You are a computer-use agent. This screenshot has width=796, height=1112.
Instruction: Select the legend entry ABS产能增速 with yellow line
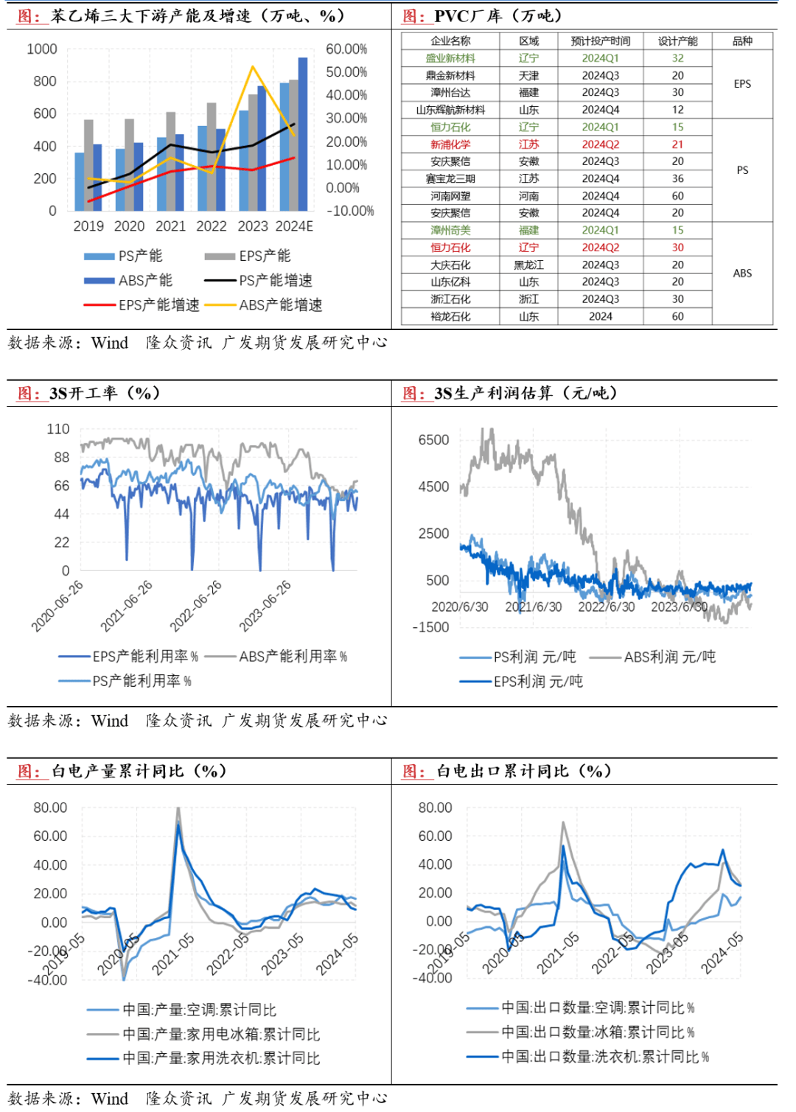pyautogui.click(x=280, y=305)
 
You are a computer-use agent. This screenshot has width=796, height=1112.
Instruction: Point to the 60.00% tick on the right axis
pyautogui.click(x=346, y=49)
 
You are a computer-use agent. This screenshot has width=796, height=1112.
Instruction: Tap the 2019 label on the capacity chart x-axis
pyautogui.click(x=88, y=226)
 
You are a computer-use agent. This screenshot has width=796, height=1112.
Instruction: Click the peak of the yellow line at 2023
pyautogui.click(x=253, y=68)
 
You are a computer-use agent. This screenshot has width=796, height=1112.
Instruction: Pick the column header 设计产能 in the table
pyautogui.click(x=677, y=41)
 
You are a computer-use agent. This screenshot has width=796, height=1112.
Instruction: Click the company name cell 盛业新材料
pyautogui.click(x=450, y=58)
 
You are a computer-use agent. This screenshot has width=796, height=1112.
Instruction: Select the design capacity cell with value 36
pyautogui.click(x=677, y=179)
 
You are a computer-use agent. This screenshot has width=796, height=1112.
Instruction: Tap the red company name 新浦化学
pyautogui.click(x=450, y=144)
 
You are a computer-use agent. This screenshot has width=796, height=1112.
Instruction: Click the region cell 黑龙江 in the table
pyautogui.click(x=528, y=265)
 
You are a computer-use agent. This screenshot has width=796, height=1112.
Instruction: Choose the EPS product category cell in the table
pyautogui.click(x=742, y=84)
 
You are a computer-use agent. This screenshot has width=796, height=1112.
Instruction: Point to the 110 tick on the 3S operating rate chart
pyautogui.click(x=58, y=429)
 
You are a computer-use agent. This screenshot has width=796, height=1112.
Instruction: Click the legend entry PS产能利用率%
pyautogui.click(x=142, y=681)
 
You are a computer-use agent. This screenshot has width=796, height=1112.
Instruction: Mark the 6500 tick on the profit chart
pyautogui.click(x=433, y=440)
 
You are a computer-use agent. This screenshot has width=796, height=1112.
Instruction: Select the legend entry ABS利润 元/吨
pyautogui.click(x=669, y=657)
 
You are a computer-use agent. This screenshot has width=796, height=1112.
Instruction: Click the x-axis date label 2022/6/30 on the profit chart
pyautogui.click(x=606, y=606)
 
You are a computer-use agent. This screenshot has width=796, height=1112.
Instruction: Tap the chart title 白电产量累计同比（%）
pyautogui.click(x=139, y=772)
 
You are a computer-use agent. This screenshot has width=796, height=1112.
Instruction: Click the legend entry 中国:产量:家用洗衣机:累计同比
pyautogui.click(x=221, y=1058)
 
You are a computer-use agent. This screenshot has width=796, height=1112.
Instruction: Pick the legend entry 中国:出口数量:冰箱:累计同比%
pyautogui.click(x=598, y=1032)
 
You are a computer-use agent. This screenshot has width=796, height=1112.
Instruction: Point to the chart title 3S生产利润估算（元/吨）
pyautogui.click(x=526, y=394)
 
